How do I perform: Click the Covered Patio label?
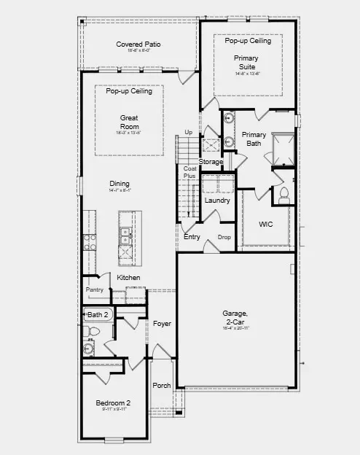coord(138,44)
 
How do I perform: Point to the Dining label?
coord(119,184)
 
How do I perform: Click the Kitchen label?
coord(129,278)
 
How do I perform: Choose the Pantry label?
coord(95,289)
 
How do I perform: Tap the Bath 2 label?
coord(98,315)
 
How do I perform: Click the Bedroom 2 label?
coord(113,403)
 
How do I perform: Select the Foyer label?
coord(162,323)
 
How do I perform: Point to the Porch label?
coord(161,386)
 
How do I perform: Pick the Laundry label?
coord(217,201)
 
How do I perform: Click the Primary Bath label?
coord(254,139)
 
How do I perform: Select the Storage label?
coord(211,161)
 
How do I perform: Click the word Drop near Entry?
coord(224,237)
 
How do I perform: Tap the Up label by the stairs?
coord(188,132)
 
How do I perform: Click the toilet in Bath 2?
coord(93,332)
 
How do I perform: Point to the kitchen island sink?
coord(125,237)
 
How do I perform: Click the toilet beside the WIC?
coord(284,194)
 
